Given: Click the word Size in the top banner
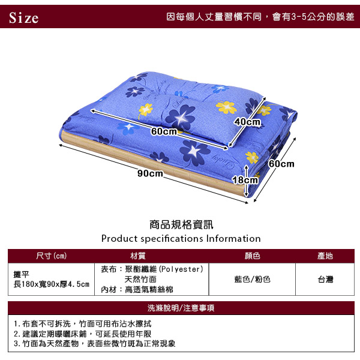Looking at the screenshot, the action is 23,17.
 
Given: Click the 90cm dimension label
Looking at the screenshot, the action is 151,173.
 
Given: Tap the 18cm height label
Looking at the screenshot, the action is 245,180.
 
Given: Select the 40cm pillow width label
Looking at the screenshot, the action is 247,122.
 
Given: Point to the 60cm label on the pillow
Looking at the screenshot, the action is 164,131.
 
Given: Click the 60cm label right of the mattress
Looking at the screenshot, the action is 281,164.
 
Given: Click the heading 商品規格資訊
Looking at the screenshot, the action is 181,224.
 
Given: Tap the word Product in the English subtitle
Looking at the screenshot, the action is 119,239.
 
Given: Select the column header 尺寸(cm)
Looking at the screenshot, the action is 51,256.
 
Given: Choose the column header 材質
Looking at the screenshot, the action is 138,256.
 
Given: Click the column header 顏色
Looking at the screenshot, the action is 252,256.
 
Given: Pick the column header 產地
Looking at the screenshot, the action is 325,256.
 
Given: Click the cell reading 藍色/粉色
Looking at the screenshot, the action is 252,279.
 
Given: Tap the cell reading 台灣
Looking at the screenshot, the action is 325,279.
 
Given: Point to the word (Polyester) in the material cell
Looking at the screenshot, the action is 181,269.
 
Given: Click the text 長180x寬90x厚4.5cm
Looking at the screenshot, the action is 51,284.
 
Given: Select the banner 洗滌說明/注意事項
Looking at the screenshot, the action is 181,308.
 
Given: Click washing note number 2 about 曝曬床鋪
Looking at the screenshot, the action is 82,334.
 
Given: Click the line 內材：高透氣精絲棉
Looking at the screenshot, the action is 137,290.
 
